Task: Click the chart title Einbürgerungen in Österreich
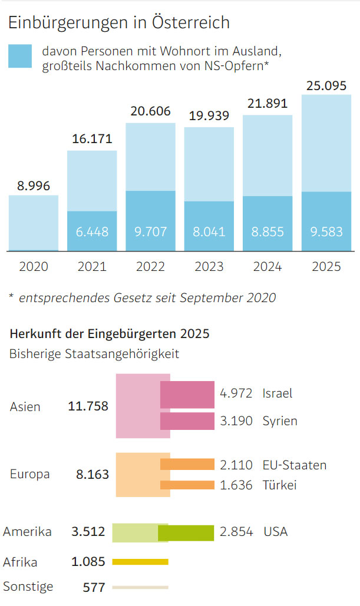click(118, 23)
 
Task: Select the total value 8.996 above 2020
click(34, 186)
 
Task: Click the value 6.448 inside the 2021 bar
click(92, 231)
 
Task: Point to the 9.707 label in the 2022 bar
click(150, 231)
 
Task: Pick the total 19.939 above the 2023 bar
click(209, 116)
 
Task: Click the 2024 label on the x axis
click(267, 266)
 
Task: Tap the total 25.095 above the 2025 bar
click(326, 86)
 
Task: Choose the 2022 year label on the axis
click(150, 266)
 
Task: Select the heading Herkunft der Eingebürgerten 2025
click(110, 334)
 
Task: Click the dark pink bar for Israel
click(187, 395)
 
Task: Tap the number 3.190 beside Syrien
click(236, 421)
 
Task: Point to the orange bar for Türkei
click(187, 485)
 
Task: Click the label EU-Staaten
click(295, 465)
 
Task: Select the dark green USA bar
click(186, 532)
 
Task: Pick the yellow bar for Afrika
click(140, 562)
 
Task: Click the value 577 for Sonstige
click(94, 587)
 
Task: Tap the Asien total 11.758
click(88, 406)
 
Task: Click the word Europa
click(30, 474)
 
